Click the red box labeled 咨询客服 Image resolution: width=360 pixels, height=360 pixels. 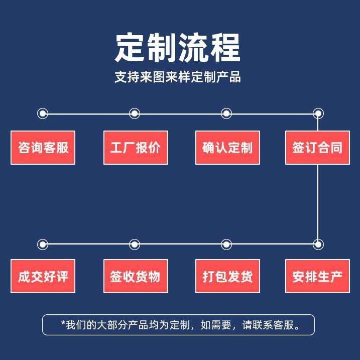coord(43,148)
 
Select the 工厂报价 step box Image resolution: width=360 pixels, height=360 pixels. coord(135,148)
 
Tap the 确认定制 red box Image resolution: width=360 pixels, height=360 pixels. coord(227,148)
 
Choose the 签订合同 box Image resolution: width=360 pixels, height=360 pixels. coord(317,148)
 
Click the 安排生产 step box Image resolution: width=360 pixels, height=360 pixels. coord(317,276)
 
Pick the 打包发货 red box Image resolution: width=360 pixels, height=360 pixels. coord(227,276)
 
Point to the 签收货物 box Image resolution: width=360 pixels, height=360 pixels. coord(135,276)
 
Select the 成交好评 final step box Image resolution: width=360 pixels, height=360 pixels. coord(43,276)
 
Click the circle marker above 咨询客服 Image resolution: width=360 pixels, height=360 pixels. coord(43,113)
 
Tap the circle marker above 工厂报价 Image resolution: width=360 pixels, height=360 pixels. coord(135,113)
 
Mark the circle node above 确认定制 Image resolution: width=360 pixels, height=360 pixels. coord(226,113)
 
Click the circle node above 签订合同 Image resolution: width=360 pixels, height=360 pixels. coord(317,113)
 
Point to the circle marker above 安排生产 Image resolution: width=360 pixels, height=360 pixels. coord(317,245)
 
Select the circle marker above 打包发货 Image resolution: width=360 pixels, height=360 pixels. coord(226,245)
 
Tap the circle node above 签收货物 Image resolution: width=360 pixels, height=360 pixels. coord(135,245)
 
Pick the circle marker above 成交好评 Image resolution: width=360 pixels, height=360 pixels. coord(43,245)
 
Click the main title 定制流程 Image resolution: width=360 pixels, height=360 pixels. coord(178,48)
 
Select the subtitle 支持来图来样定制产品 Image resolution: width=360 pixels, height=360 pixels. coord(178,77)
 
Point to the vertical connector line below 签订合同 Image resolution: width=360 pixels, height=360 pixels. coord(317,201)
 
